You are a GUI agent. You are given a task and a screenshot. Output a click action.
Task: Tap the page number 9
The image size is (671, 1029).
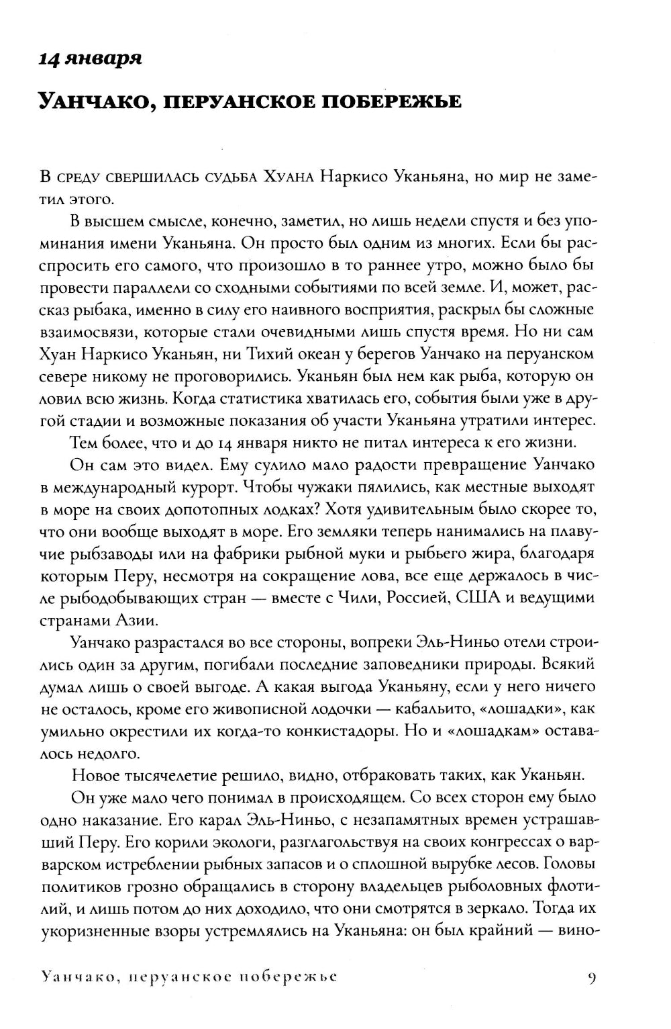(x=591, y=977)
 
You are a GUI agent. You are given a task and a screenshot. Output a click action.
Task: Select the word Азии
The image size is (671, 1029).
(x=138, y=620)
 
